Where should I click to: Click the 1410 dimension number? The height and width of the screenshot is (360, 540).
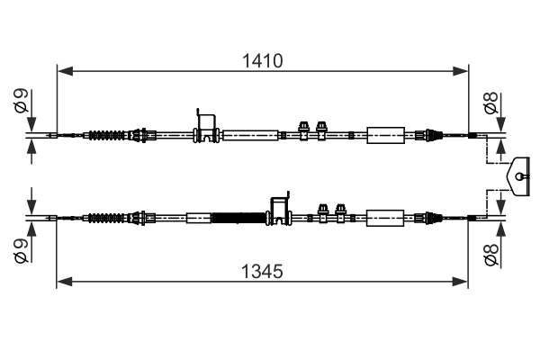[x=262, y=61]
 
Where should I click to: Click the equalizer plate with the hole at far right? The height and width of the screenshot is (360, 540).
[x=521, y=175]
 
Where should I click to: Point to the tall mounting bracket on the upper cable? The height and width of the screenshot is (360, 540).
[x=207, y=126]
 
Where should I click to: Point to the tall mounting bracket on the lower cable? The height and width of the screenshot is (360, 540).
[x=281, y=208]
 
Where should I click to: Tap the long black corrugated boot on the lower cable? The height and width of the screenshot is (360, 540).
[x=239, y=217]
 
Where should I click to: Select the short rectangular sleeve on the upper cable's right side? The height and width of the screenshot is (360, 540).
[x=386, y=136]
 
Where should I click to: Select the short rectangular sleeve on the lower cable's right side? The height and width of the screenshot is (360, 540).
[x=386, y=217]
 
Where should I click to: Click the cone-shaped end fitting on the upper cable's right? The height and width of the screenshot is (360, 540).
[x=432, y=136]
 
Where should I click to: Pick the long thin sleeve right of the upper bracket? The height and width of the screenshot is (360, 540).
[x=250, y=136]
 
